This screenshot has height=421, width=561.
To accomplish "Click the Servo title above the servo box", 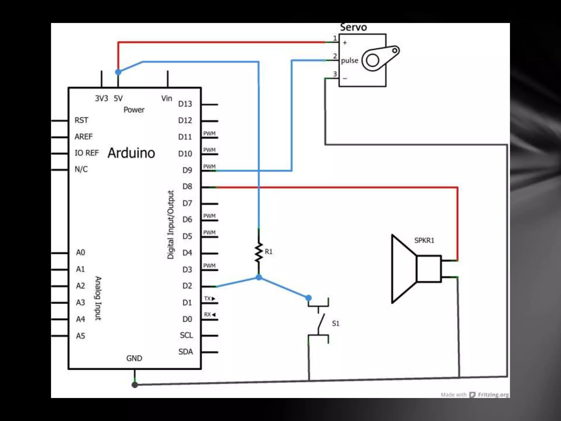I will click(353, 27).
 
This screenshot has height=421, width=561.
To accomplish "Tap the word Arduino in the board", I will click(131, 153).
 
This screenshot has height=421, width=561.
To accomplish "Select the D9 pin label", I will click(187, 170).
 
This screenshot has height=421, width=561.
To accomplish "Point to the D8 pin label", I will click(187, 187).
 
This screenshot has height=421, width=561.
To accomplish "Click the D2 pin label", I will click(187, 286).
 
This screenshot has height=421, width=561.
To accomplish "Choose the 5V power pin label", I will click(118, 98).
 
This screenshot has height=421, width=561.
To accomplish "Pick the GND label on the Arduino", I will click(134, 358).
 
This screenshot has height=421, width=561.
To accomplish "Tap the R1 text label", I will click(268, 252).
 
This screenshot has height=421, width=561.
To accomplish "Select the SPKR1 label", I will click(424, 240).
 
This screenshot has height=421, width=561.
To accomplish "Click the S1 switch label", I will click(336, 323).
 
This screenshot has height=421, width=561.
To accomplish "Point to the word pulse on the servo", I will click(350, 61).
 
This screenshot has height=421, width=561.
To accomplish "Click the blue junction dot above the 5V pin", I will click(118, 72).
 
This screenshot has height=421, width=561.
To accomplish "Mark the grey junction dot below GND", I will click(134, 385).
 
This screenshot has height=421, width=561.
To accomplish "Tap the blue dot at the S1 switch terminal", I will click(308, 298).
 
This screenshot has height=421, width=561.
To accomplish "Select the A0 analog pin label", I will click(81, 252).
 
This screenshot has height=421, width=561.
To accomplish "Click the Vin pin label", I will click(167, 98).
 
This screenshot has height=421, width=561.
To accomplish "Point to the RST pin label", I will click(81, 120).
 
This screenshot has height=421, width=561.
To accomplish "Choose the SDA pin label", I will click(185, 352).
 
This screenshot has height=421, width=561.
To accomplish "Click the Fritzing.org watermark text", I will click(493, 395).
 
